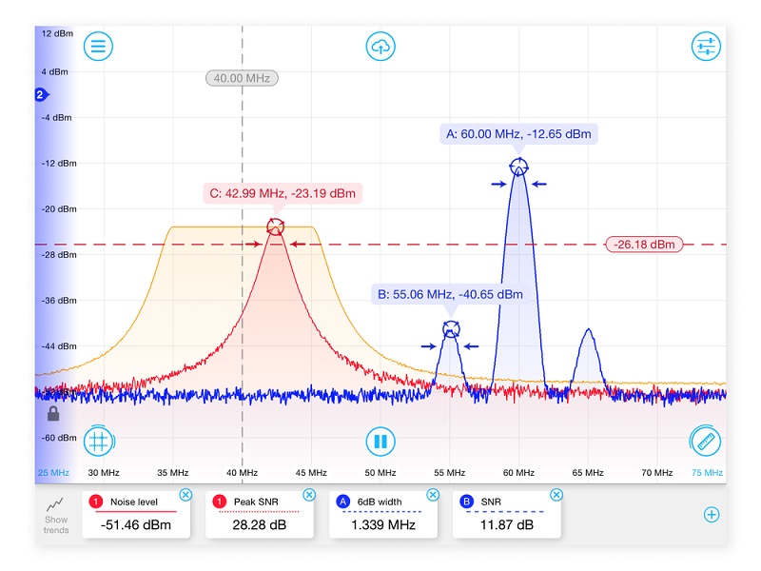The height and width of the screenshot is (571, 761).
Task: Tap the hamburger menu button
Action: (x=98, y=46)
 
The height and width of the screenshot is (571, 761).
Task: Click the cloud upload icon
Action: (x=380, y=46)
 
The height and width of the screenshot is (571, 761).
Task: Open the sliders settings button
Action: (x=706, y=46)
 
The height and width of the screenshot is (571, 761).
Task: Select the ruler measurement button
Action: (x=706, y=441)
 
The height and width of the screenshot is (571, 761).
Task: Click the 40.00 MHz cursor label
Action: (x=242, y=78)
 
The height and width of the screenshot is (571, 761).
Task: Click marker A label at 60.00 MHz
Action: (x=518, y=134)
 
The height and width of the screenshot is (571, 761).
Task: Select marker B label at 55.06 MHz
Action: (x=450, y=295)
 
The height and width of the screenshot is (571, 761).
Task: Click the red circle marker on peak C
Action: (x=276, y=226)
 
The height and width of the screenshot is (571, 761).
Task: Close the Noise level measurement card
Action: (x=185, y=495)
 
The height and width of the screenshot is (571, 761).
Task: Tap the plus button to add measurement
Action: (x=711, y=515)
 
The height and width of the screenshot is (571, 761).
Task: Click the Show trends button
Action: (x=56, y=515)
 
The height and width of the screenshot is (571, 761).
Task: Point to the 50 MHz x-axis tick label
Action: (x=380, y=472)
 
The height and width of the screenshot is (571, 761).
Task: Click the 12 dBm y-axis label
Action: (x=55, y=33)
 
